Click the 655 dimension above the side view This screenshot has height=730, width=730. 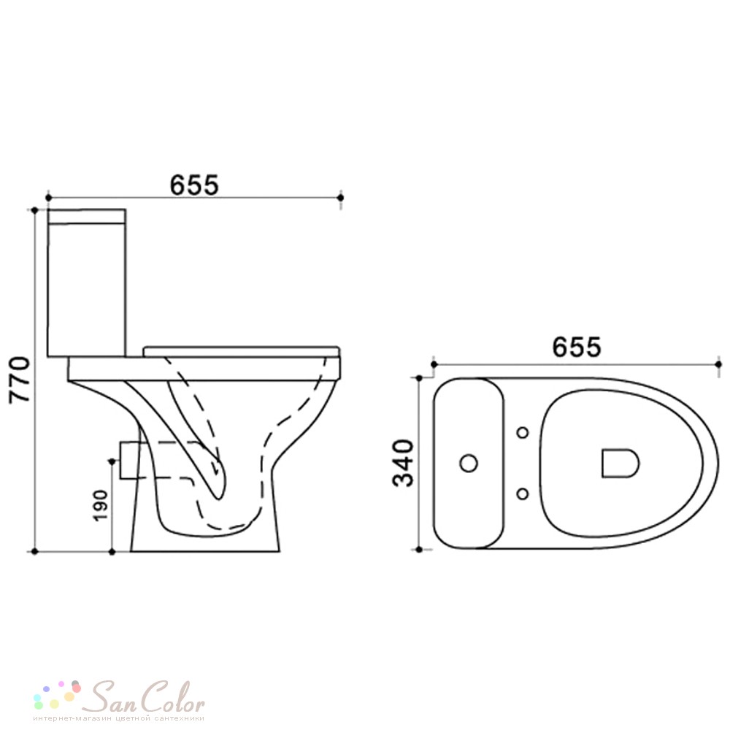(193, 185)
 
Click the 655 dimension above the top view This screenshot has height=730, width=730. (577, 347)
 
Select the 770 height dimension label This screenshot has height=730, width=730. (20, 380)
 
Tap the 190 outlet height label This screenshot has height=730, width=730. (101, 505)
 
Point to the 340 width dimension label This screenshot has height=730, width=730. (403, 463)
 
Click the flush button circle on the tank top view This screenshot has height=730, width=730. (469, 464)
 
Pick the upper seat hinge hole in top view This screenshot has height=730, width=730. (523, 433)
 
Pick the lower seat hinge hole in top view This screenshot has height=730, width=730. (523, 493)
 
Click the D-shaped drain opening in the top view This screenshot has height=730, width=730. (620, 464)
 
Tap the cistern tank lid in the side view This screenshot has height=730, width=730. (87, 217)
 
